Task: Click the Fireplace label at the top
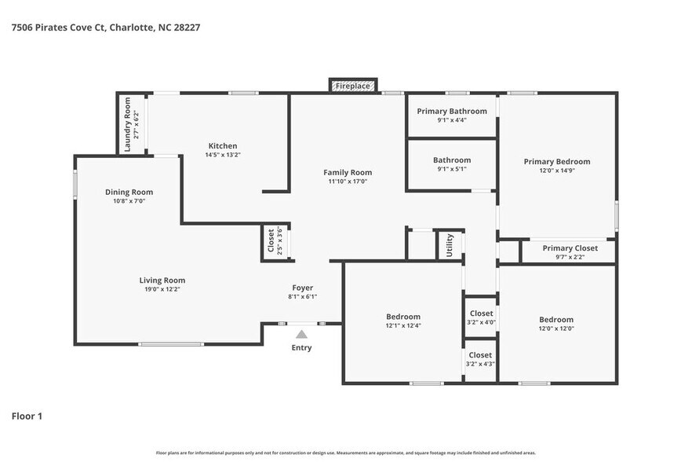tap(352, 86)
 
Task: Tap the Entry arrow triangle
tap(301, 334)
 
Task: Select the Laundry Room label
tap(128, 124)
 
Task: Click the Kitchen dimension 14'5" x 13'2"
tap(222, 155)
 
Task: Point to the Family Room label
tap(348, 172)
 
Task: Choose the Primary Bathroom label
tap(451, 111)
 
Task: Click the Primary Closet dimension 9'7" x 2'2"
tap(570, 257)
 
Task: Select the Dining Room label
tap(129, 192)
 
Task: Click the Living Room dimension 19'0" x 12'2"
tap(162, 289)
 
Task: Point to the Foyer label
tap(303, 288)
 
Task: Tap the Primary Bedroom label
tap(557, 162)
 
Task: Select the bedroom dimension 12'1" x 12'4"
tap(403, 325)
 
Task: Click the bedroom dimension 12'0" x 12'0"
tap(556, 328)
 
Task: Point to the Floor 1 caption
tap(27, 416)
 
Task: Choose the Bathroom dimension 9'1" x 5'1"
tap(451, 168)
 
